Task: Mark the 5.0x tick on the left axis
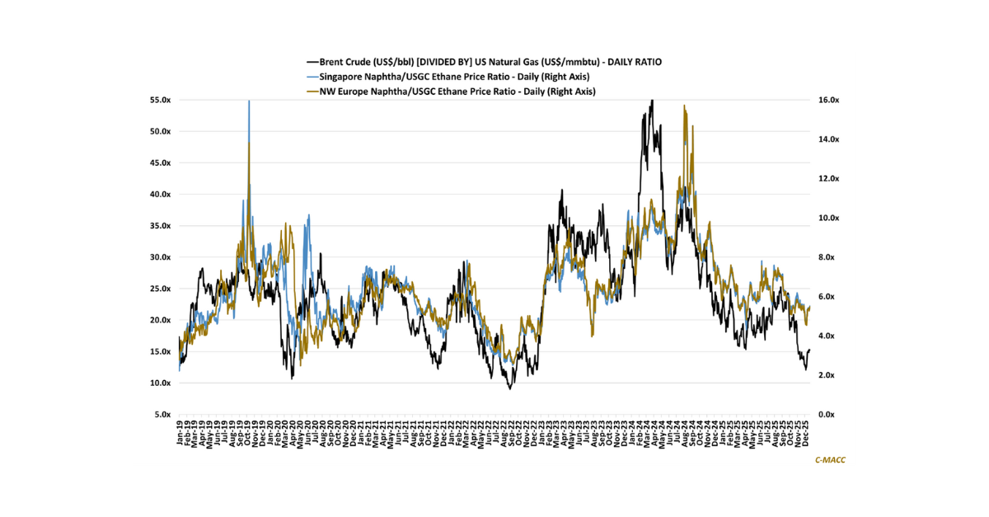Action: click(x=159, y=415)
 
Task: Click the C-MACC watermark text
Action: click(x=830, y=460)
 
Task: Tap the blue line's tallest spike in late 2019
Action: click(x=249, y=101)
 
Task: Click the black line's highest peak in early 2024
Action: click(x=652, y=101)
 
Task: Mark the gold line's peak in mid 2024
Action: click(x=685, y=106)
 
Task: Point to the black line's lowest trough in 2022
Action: click(x=510, y=388)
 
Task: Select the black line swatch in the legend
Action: click(x=312, y=61)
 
